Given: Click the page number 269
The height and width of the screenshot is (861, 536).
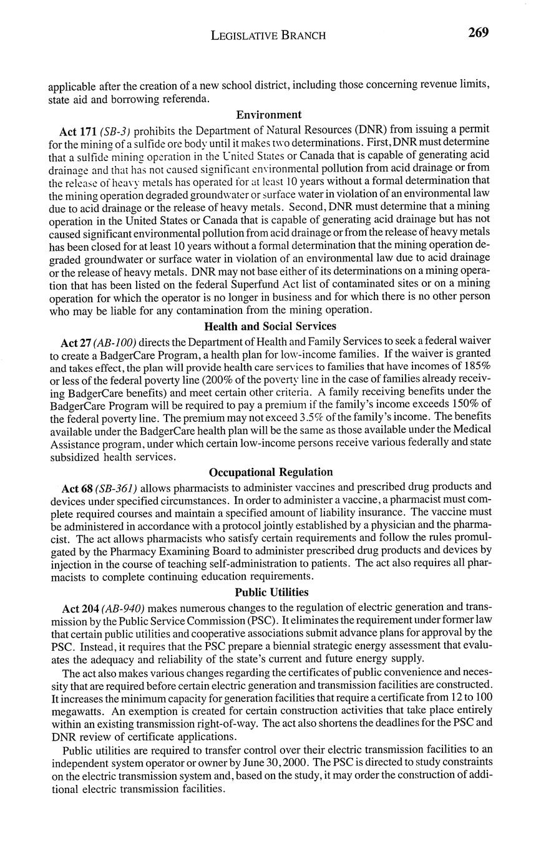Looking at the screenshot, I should coord(478,32).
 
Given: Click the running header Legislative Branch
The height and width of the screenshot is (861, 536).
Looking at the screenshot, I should coord(268,35).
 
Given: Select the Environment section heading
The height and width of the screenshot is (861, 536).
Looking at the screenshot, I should coord(268,115).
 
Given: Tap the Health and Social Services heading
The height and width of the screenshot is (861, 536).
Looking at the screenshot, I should coord(270,326).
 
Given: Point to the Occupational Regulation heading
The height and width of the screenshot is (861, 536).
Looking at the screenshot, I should coord(271,472).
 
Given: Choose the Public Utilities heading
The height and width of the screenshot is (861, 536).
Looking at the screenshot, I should coord(271,592).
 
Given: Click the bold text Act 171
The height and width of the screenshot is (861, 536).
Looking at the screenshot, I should coord(78,132).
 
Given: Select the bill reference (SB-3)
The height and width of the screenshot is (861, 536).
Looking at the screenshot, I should coord(115,132).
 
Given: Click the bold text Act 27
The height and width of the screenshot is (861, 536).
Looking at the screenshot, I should coord(76,343).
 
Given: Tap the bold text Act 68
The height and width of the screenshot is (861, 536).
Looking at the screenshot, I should coord(78,487).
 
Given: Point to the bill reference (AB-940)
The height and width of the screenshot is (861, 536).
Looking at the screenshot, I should coord(123,608).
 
